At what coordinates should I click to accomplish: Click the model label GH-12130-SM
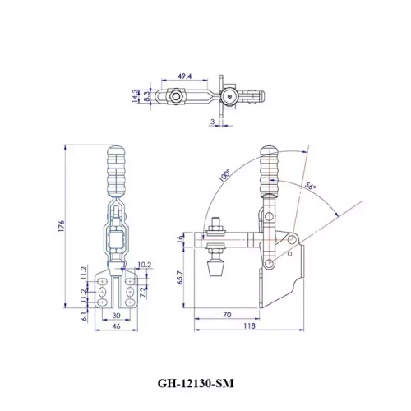click(x=205, y=384)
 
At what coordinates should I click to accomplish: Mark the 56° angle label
click(x=312, y=187)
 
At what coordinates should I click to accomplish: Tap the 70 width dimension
click(x=225, y=315)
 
